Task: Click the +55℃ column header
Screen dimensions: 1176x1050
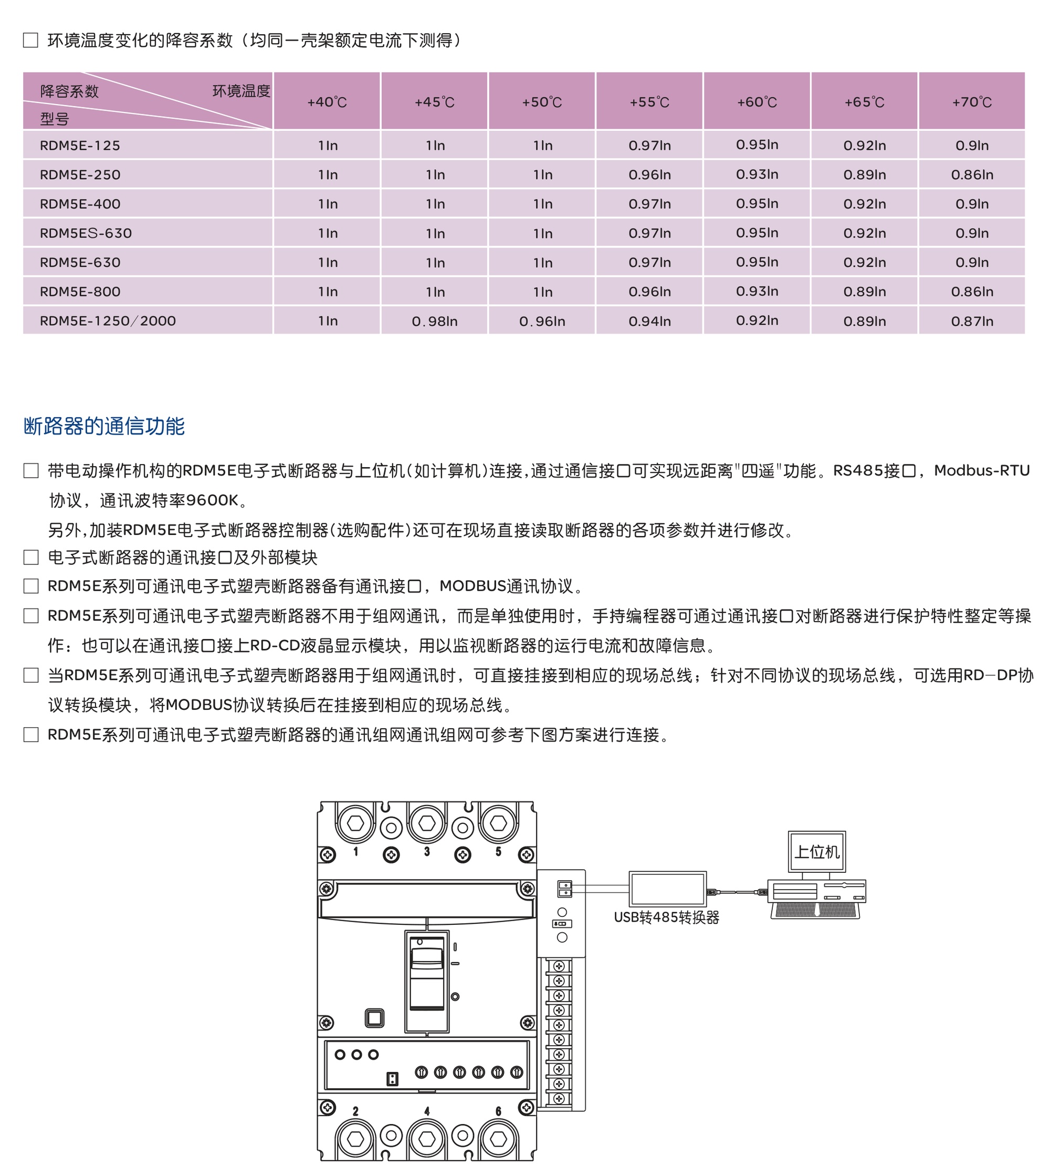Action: click(x=649, y=102)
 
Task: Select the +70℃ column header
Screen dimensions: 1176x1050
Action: click(x=972, y=102)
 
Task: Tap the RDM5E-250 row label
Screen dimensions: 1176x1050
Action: click(x=80, y=174)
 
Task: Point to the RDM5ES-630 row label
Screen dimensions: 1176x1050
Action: click(x=86, y=233)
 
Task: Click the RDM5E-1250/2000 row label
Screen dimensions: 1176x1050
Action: click(x=108, y=321)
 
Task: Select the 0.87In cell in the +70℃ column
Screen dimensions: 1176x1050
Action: click(x=972, y=322)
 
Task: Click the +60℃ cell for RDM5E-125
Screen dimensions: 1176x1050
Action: click(x=757, y=145)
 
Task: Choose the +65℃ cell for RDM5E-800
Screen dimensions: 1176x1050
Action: click(x=864, y=292)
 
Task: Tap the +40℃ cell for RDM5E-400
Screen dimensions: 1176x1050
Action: click(x=327, y=204)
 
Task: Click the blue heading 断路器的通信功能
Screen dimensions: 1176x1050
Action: click(x=104, y=426)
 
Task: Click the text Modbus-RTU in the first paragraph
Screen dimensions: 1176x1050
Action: click(x=981, y=470)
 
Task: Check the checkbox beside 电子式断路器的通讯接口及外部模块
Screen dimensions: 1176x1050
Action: click(x=31, y=557)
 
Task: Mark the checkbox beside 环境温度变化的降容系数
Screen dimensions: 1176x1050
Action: click(x=30, y=40)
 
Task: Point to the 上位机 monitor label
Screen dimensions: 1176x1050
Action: click(x=816, y=852)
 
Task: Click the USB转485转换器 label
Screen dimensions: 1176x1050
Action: click(x=666, y=917)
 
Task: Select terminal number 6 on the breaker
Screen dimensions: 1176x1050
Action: click(x=498, y=1111)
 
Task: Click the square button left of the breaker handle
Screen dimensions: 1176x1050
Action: click(x=374, y=1018)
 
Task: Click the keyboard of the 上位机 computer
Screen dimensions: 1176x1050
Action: click(x=816, y=911)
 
